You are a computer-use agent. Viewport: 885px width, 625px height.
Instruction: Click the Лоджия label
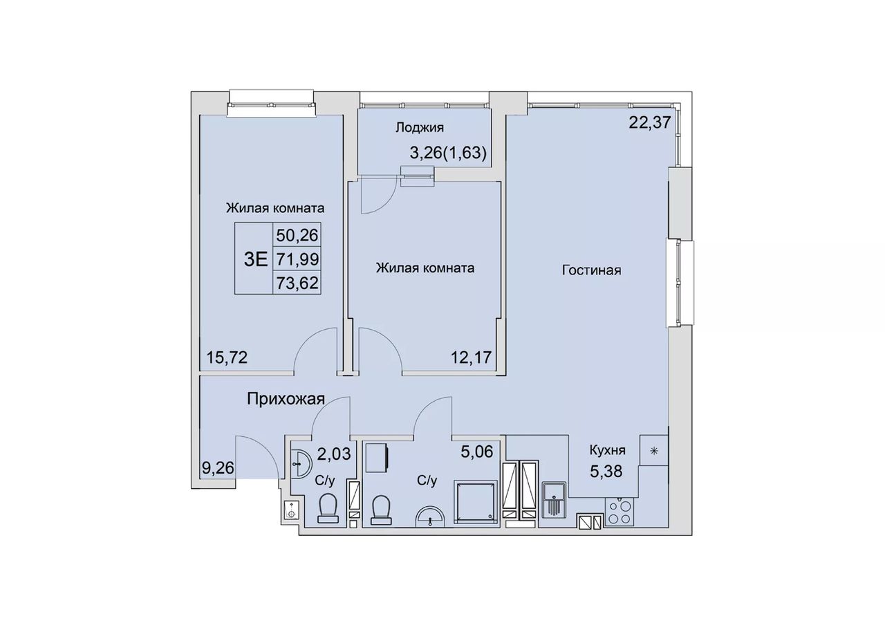pos(420,128)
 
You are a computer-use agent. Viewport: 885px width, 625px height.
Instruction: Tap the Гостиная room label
pos(591,270)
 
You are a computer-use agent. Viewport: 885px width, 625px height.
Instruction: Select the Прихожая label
pos(286,399)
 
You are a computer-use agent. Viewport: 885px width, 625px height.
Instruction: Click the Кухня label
pos(607,450)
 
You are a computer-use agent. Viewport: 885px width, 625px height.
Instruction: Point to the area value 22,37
pos(650,123)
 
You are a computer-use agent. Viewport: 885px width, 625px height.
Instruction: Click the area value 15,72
pos(227,357)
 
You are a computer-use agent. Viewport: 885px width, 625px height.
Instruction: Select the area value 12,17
pos(472,357)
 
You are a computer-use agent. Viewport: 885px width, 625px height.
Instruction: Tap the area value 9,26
pos(218,469)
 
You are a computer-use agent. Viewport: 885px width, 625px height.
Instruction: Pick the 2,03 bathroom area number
pos(334,454)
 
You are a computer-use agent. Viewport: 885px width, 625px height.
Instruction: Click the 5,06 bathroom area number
pos(477,451)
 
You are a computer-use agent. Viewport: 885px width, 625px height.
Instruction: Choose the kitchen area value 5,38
pos(606,472)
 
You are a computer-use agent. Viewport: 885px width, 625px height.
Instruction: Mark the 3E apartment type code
pos(256,259)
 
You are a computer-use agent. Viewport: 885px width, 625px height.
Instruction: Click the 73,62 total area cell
pos(297,283)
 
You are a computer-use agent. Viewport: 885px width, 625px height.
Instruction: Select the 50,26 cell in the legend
pos(297,236)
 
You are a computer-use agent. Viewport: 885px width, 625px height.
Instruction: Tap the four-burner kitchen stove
pos(619,512)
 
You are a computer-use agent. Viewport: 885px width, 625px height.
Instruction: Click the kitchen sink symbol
pos(554,500)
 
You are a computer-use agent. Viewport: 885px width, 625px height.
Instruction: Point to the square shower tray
pos(475,501)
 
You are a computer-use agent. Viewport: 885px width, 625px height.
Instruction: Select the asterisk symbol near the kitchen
pos(654,451)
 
